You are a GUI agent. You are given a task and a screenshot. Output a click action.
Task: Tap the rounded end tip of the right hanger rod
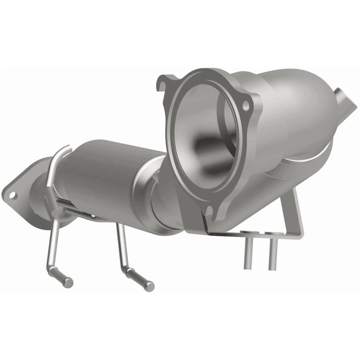click(151, 285)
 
